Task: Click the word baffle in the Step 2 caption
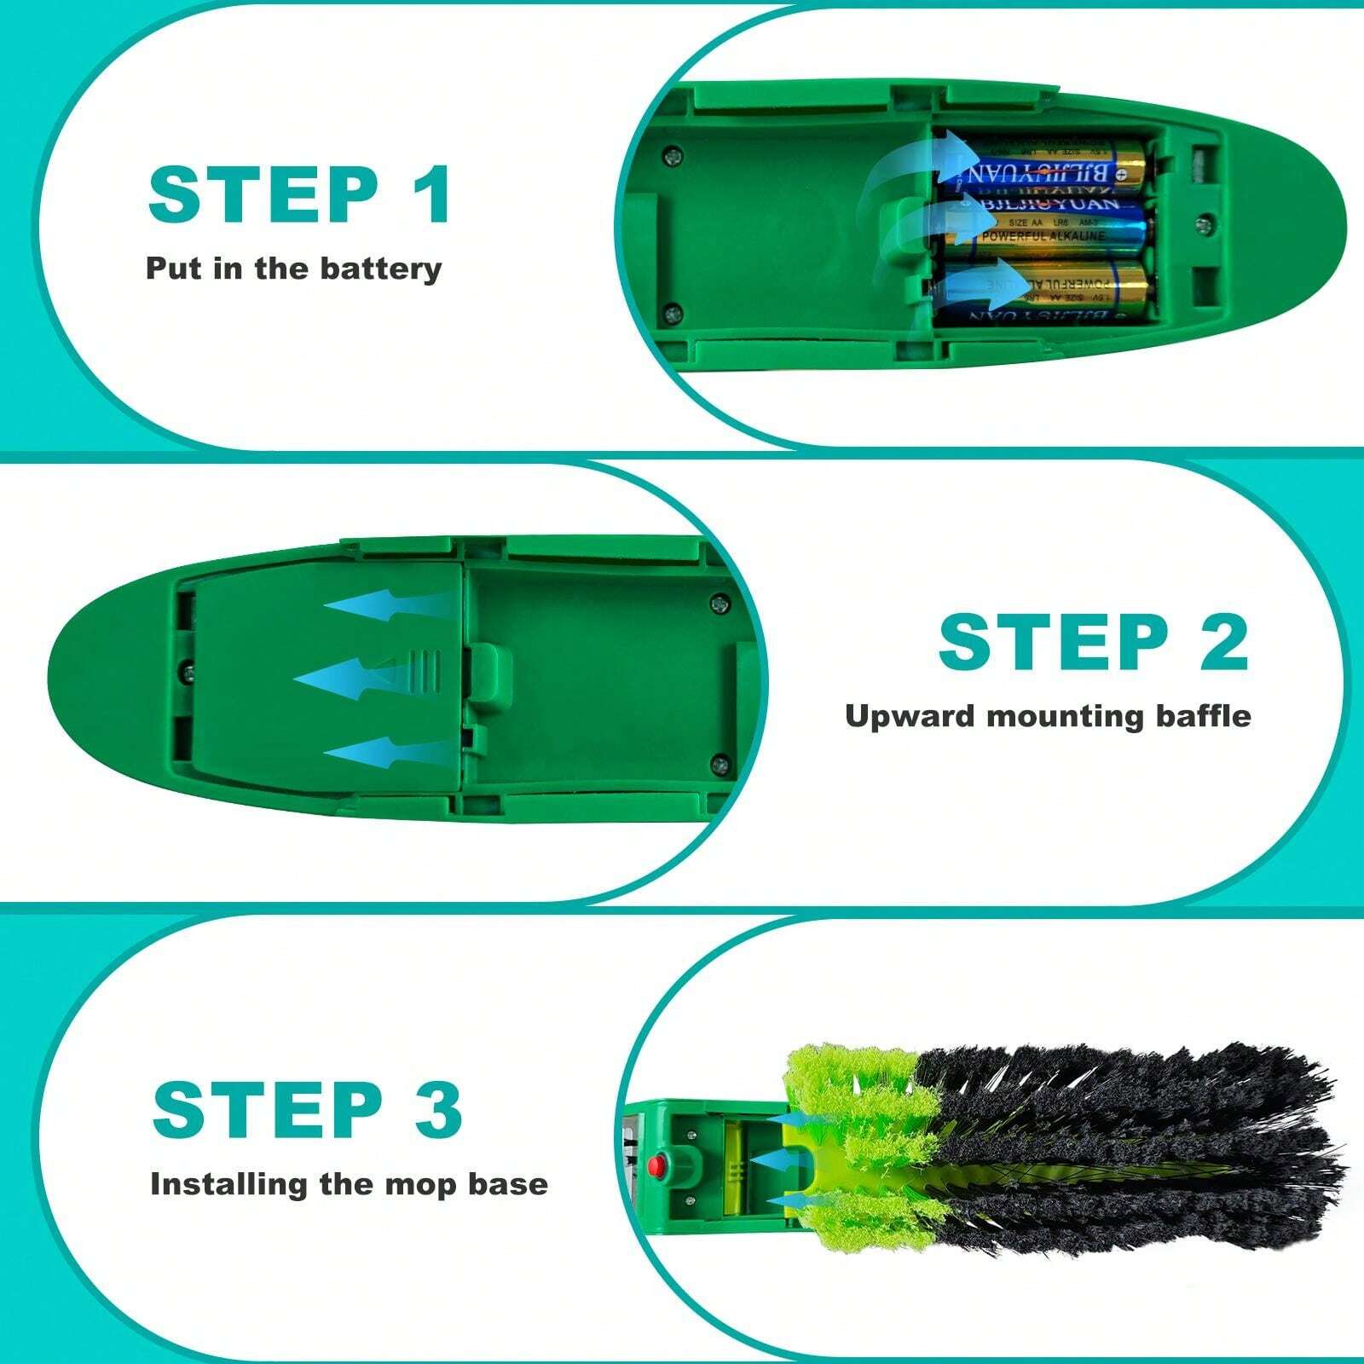[1203, 715]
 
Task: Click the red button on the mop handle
[658, 1164]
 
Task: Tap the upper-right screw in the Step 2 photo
[720, 604]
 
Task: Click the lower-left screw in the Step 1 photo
[673, 312]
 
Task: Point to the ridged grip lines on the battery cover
[425, 669]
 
